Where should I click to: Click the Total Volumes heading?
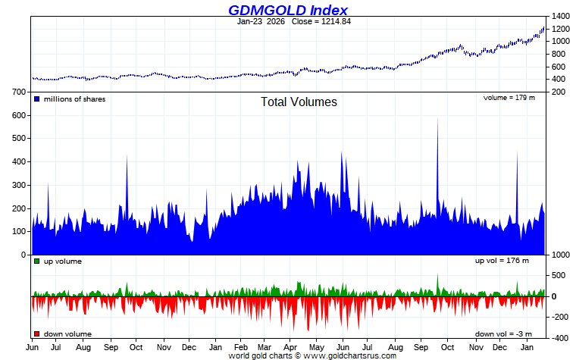pyautogui.click(x=299, y=102)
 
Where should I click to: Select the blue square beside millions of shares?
pyautogui.click(x=36, y=99)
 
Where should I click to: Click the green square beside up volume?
pyautogui.click(x=36, y=261)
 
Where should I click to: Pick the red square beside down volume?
pyautogui.click(x=36, y=334)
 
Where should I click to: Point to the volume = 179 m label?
pyautogui.click(x=509, y=98)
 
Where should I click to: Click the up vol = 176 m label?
pyautogui.click(x=502, y=261)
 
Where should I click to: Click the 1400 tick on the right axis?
pyautogui.click(x=561, y=16)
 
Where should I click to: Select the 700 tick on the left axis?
pyautogui.click(x=20, y=92)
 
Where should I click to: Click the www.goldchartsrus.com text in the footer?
pyautogui.click(x=350, y=355)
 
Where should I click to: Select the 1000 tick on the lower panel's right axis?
pyautogui.click(x=561, y=255)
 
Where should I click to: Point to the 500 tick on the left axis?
pyautogui.click(x=20, y=139)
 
